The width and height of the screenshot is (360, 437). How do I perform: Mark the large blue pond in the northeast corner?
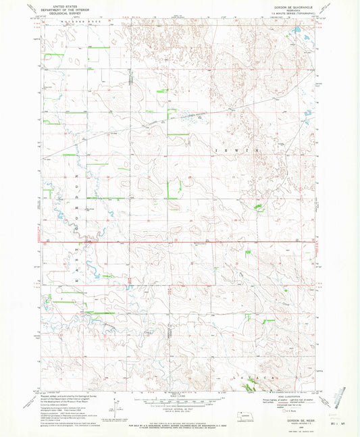coord(297,33)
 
